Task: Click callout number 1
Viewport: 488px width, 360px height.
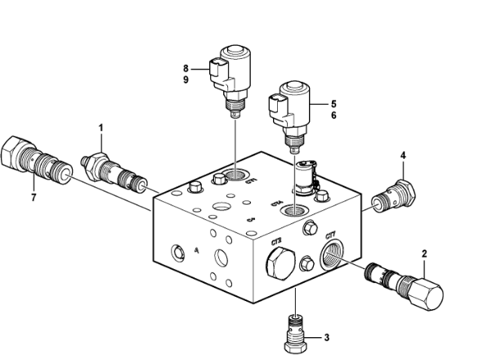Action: (101, 128)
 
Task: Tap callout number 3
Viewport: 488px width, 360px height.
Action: (326, 337)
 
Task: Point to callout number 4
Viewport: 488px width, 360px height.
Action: (403, 155)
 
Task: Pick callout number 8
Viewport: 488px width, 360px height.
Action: (186, 68)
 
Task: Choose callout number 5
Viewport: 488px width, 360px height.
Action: (334, 105)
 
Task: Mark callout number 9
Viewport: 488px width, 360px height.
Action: (186, 80)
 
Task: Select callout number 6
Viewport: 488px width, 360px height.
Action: (334, 117)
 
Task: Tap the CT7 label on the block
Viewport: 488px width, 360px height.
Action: (332, 236)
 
